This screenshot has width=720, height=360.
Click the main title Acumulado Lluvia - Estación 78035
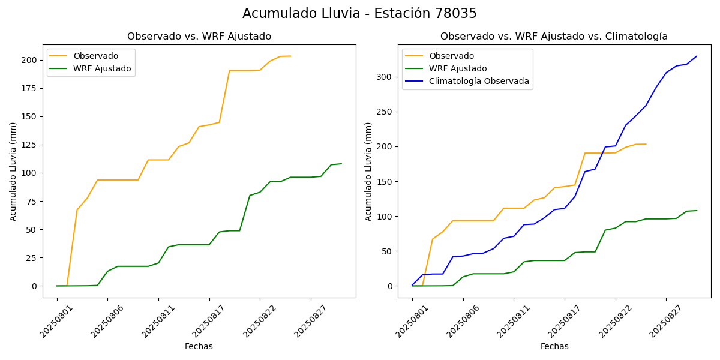coord(359,14)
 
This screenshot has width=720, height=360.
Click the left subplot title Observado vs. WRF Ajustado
coord(199,37)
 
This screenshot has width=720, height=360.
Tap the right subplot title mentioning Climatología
coord(554,37)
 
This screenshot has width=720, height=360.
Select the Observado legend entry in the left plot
coord(91,56)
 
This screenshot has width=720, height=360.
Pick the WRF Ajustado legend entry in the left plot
coord(102,68)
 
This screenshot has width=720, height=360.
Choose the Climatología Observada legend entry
coord(479,81)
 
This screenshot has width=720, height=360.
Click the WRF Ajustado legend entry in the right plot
coord(457,68)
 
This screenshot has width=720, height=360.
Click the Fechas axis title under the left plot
coord(199,346)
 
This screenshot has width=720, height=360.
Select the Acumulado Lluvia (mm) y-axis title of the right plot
coord(368,171)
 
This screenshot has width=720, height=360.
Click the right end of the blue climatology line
coord(697,56)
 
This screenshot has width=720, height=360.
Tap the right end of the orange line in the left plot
coord(290,56)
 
